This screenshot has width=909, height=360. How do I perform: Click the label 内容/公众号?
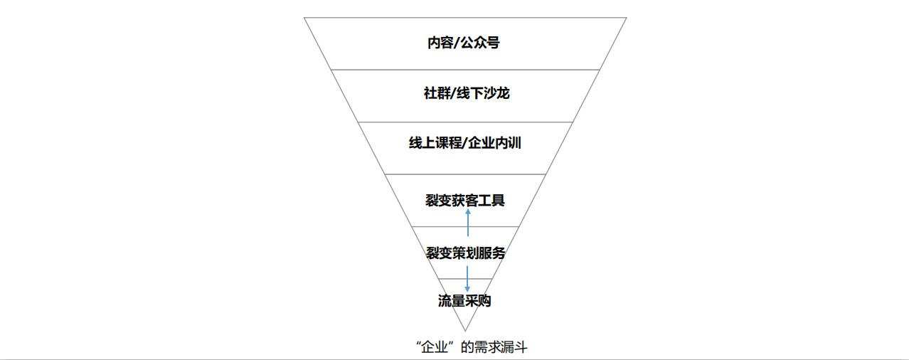tap(464, 42)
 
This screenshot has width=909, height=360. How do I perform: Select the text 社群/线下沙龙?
tap(467, 93)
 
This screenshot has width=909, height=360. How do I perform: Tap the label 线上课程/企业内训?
tap(464, 143)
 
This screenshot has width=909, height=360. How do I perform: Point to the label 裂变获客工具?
tap(465, 200)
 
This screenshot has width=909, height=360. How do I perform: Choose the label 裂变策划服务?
tap(465, 253)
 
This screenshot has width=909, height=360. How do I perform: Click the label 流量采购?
tap(464, 301)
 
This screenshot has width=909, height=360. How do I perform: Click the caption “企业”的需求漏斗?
tap(472, 347)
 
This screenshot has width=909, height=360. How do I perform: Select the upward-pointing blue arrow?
tap(468, 223)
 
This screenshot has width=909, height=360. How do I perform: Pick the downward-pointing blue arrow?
tap(467, 279)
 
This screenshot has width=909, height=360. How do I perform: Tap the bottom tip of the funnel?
tap(465, 331)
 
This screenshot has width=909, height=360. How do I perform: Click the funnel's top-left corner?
tap(304, 18)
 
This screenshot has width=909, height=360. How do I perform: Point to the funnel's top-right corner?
tap(627, 18)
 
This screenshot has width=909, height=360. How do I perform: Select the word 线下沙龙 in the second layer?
tap(483, 93)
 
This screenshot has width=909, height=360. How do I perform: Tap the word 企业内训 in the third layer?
tap(494, 143)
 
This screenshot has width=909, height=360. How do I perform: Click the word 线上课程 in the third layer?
tap(435, 143)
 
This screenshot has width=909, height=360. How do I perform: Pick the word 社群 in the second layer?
tap(437, 93)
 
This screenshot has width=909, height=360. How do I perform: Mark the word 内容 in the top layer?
tap(440, 42)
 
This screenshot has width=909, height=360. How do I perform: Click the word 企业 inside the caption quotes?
tap(435, 348)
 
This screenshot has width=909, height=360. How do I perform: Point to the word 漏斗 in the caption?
tap(514, 347)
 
